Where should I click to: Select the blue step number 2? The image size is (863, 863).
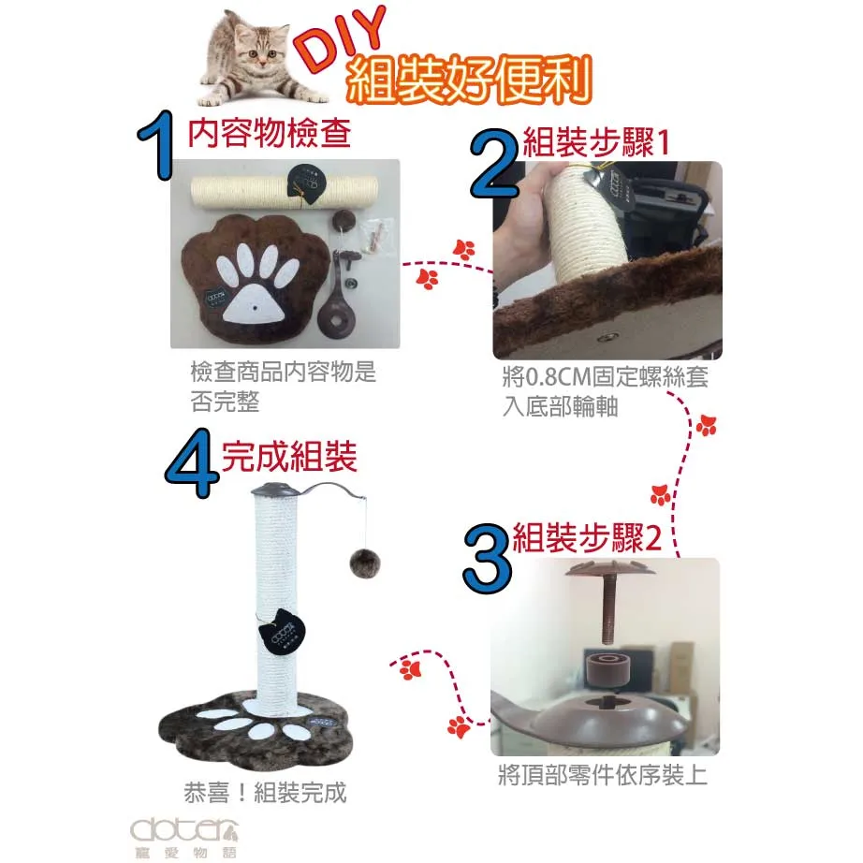[495, 164]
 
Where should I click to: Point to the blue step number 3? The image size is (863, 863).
[488, 558]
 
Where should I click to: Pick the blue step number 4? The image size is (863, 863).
[191, 463]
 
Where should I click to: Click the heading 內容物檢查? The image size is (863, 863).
[270, 133]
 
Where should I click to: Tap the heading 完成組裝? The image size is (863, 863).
[289, 456]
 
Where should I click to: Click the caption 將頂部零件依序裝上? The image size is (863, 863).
[603, 775]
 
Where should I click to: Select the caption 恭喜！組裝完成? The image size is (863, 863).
[265, 793]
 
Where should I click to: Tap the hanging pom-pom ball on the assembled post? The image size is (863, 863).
[365, 563]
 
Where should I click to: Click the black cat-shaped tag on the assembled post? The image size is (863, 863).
[281, 630]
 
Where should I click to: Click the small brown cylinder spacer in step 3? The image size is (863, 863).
[607, 668]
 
